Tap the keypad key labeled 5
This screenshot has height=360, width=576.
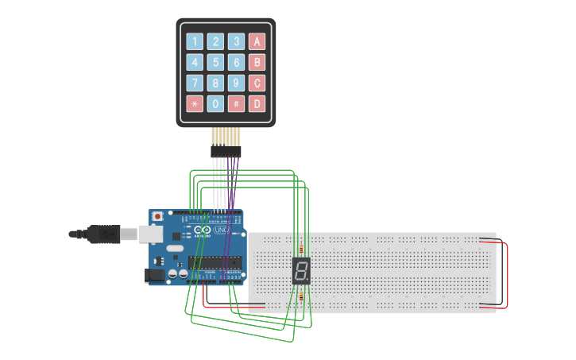pyautogui.click(x=215, y=62)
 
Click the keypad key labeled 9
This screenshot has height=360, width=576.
pyautogui.click(x=236, y=83)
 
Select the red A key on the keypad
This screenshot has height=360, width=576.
pyautogui.click(x=257, y=41)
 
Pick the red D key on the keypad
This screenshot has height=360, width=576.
pyautogui.click(x=257, y=103)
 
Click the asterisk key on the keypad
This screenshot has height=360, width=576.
pyautogui.click(x=195, y=103)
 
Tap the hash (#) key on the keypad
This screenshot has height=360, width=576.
pyautogui.click(x=236, y=103)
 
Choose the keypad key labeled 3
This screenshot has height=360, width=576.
pyautogui.click(x=236, y=41)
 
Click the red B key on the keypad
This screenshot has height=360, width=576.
pyautogui.click(x=257, y=62)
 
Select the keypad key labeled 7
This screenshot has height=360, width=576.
pyautogui.click(x=195, y=83)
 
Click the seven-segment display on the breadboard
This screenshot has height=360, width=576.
pyautogui.click(x=301, y=271)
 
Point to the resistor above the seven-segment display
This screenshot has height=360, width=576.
pyautogui.click(x=301, y=248)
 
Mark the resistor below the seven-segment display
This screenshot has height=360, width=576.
pyautogui.click(x=301, y=296)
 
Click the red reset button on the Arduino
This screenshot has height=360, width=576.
pyautogui.click(x=157, y=216)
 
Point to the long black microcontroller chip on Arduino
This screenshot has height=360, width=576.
pyautogui.click(x=214, y=262)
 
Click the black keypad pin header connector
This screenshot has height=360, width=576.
pyautogui.click(x=226, y=151)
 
